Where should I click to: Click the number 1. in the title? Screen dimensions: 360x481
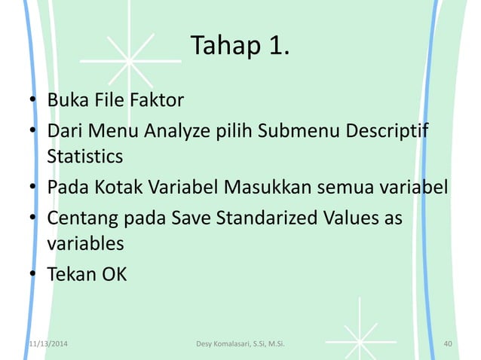point(273,47)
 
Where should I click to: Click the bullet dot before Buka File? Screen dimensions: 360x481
point(34,100)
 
